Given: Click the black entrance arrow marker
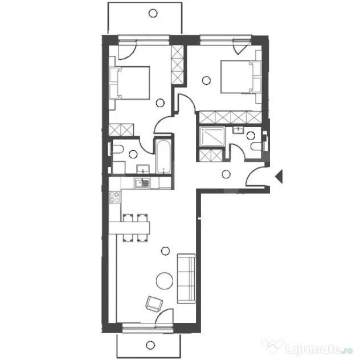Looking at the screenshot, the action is tap(279, 177).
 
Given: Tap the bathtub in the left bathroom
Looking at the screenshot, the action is tap(163, 157).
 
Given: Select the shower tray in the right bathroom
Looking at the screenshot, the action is tap(212, 137).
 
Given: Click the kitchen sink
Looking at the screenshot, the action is tap(142, 183).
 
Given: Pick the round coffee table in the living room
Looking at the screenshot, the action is tap(165, 281).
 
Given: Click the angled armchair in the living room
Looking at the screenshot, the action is tap(154, 304).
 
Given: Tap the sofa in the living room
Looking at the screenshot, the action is tap(186, 279).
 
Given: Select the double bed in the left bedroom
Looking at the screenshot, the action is tap(130, 83).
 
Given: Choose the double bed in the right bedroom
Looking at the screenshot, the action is tap(241, 77).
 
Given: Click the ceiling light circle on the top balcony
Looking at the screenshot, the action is tap(153, 13).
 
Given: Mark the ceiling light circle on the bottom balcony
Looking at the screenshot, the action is tap(150, 345).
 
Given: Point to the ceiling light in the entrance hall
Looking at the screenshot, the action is tap(226, 174).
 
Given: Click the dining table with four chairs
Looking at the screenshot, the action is tap(129, 227).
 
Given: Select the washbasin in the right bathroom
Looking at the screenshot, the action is tap(239, 130).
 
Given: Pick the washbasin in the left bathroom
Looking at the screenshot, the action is tap(143, 169).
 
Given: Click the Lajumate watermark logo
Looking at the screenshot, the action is tap(308, 348).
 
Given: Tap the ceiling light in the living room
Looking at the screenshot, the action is tap(165, 251).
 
